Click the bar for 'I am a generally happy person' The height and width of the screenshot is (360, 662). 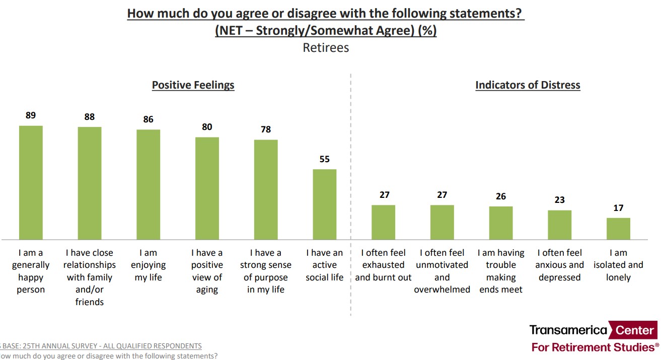pyautogui.click(x=31, y=182)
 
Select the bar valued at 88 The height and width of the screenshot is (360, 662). pyautogui.click(x=90, y=183)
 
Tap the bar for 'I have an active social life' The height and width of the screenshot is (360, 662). pyautogui.click(x=325, y=204)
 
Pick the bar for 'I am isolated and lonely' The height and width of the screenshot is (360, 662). pyautogui.click(x=618, y=229)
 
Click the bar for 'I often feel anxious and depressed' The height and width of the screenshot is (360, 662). pyautogui.click(x=559, y=225)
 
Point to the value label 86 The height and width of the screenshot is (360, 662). pyautogui.click(x=148, y=119)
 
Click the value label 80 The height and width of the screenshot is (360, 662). pyautogui.click(x=207, y=127)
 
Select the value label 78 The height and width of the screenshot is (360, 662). pyautogui.click(x=266, y=129)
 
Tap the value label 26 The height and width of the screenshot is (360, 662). pyautogui.click(x=501, y=196)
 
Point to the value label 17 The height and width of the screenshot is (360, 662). pyautogui.click(x=618, y=207)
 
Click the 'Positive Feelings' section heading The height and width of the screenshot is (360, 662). pyautogui.click(x=193, y=85)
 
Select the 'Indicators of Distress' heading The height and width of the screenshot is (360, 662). pyautogui.click(x=528, y=85)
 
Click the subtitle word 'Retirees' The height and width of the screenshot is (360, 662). pyautogui.click(x=326, y=48)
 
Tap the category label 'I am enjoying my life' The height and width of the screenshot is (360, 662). pyautogui.click(x=148, y=265)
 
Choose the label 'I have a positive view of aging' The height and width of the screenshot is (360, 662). pyautogui.click(x=207, y=271)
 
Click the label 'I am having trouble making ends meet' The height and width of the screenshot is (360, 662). pyautogui.click(x=501, y=271)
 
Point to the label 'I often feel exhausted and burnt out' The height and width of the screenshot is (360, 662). pyautogui.click(x=383, y=265)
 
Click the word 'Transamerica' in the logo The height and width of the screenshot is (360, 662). pyautogui.click(x=568, y=330)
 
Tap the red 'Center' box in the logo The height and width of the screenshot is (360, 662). pyautogui.click(x=633, y=331)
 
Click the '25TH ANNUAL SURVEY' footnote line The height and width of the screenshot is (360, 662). pyautogui.click(x=101, y=346)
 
